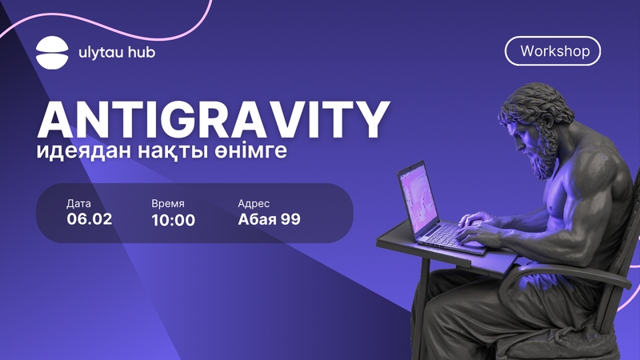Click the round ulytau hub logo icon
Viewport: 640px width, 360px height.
coord(52,53)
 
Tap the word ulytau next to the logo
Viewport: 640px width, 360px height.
coord(97,53)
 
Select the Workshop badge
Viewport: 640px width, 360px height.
coord(553,51)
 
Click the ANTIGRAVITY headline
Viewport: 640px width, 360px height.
coord(213,119)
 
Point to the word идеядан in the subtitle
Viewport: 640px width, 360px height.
coord(84,151)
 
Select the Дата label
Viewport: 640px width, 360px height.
coord(78,204)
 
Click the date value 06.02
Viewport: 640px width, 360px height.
coord(90,219)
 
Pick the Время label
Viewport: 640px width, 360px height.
coord(168,204)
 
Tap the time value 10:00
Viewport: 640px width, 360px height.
coord(173,220)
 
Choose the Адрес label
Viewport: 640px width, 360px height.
coord(254,204)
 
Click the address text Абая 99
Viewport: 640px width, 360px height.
coord(269,219)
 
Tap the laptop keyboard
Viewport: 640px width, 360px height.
coord(447,236)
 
